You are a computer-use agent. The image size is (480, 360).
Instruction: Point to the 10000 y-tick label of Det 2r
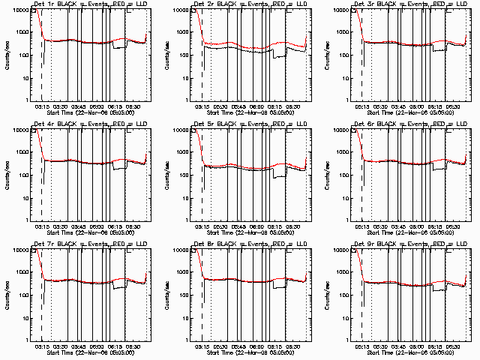(181, 10)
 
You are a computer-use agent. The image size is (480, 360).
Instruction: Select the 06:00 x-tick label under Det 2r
(257, 107)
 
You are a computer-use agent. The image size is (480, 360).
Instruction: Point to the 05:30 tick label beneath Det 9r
(379, 346)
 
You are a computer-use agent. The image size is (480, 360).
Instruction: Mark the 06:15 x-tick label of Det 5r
(275, 226)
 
